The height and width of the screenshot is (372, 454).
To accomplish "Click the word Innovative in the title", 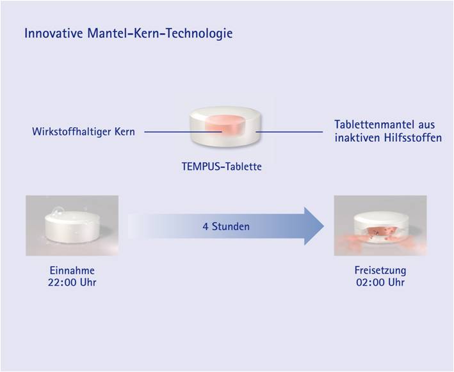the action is pos(54,33).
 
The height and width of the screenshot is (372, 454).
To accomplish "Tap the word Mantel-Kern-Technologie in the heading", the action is pos(160,33).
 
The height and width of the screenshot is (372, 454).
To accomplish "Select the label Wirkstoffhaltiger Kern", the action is pos(83,132).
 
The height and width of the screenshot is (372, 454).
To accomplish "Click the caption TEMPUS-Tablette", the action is pos(222,166).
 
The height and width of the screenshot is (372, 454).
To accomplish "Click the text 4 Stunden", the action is pos(226,226).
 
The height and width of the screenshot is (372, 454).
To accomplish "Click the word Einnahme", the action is pos(72,270).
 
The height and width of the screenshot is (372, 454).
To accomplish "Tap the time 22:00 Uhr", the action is pos(72,283).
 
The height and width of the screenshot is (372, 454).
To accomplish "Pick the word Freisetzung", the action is pos(380,270).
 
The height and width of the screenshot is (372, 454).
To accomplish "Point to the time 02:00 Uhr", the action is pos(380,283).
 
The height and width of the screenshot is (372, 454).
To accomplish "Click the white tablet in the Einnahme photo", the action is pos(72,227).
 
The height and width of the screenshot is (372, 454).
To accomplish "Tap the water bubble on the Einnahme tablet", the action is pos(58,212).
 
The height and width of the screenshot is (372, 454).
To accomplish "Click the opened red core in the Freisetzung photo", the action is pos(381,233).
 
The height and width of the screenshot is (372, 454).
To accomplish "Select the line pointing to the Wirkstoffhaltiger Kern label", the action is pos(183,132).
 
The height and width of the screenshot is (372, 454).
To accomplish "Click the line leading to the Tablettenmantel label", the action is pos(289,132).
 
